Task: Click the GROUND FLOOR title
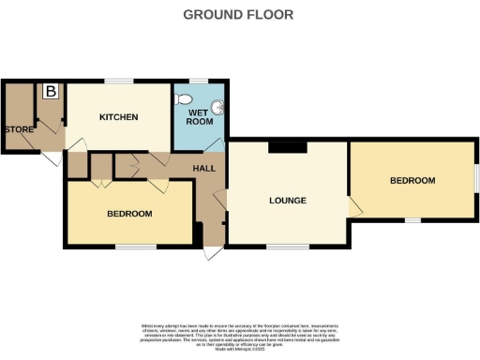237,14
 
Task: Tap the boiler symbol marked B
49,92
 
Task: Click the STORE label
18,129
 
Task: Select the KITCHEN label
119,117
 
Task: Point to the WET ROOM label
198,115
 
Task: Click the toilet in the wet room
184,97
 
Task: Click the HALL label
204,168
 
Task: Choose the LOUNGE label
289,200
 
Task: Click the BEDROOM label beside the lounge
412,180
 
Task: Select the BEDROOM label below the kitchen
129,214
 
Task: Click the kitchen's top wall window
118,81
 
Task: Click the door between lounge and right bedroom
353,208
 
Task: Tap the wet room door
216,142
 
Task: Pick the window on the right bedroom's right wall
475,178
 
